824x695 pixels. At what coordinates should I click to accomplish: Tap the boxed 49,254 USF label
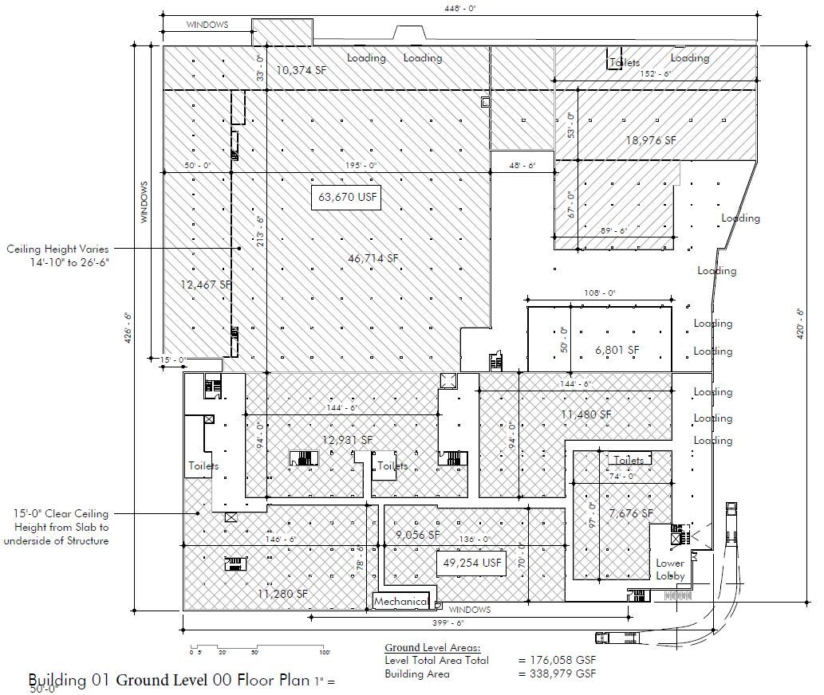(472, 563)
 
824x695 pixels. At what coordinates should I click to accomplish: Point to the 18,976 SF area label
(650, 139)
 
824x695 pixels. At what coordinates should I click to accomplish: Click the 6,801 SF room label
(617, 349)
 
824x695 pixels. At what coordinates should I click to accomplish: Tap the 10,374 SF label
(301, 70)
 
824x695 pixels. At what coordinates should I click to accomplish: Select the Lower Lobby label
(670, 569)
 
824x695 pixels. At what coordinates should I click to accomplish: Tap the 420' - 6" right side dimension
(801, 325)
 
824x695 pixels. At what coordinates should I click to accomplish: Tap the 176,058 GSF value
(558, 660)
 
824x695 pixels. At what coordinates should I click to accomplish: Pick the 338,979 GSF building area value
(558, 673)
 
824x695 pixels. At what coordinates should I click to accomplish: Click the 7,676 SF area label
(630, 513)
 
